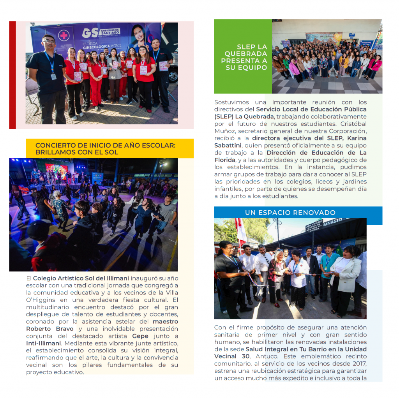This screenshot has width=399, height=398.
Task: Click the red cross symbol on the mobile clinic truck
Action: pos(64,35)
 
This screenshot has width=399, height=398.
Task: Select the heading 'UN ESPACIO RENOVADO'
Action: pos(290,213)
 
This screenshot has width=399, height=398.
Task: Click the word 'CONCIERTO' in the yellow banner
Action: pos(53,145)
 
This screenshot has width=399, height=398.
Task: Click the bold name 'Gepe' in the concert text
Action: pos(140,336)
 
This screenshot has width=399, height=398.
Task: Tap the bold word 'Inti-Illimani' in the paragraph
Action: pos(43,343)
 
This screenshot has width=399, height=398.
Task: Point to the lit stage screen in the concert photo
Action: pos(56,171)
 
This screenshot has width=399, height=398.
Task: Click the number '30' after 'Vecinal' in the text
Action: pos(246,357)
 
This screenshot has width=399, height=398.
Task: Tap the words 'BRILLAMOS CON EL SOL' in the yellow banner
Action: pos(77,152)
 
